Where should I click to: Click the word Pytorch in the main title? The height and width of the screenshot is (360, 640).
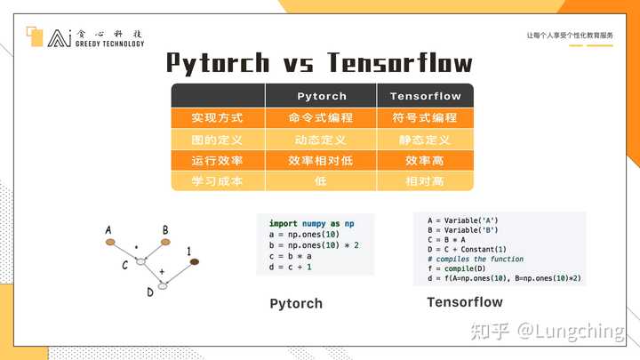coord(218,62)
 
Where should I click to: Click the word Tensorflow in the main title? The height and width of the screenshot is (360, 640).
coord(400,62)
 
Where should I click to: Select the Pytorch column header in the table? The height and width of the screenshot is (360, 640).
coord(321,96)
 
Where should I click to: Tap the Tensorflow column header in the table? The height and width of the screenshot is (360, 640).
coord(426,96)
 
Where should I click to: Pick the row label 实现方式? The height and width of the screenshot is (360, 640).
coord(217,117)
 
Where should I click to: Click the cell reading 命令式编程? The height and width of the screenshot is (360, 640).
coord(321,117)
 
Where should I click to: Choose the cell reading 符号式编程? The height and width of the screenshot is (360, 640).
coord(426,117)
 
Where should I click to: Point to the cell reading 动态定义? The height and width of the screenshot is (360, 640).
coord(321,140)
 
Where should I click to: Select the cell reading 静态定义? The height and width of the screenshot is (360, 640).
coord(426,140)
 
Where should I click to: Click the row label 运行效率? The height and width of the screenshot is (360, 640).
coord(217,161)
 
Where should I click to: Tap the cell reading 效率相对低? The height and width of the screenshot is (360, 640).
coord(321,161)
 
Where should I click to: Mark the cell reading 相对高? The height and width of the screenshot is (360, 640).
coord(426,180)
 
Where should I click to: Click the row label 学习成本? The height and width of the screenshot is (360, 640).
coord(217,180)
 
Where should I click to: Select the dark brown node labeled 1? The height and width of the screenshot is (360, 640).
coord(194,261)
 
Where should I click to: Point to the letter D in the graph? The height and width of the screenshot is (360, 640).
coord(150,291)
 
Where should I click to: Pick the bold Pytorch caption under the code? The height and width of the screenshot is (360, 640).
coord(296,304)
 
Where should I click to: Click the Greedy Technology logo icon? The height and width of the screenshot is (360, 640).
coord(36,36)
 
